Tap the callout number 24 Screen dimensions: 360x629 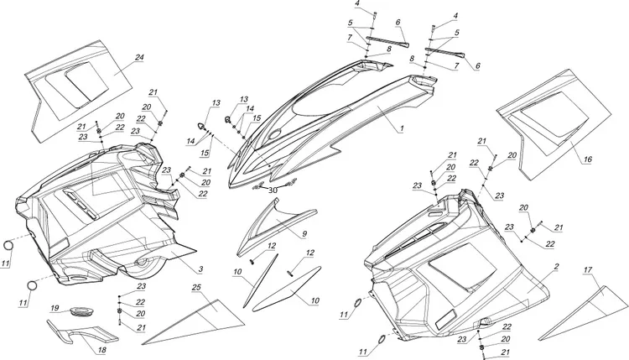point(139,57)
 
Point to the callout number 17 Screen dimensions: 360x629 point(586,270)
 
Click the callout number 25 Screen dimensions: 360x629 point(195,288)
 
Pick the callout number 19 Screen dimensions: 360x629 point(54,308)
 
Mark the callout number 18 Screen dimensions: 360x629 point(101,350)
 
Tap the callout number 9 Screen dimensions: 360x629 point(304,232)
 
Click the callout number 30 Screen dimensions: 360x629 point(273,190)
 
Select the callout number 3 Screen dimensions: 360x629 point(201,269)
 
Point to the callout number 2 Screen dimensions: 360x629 point(555,266)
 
